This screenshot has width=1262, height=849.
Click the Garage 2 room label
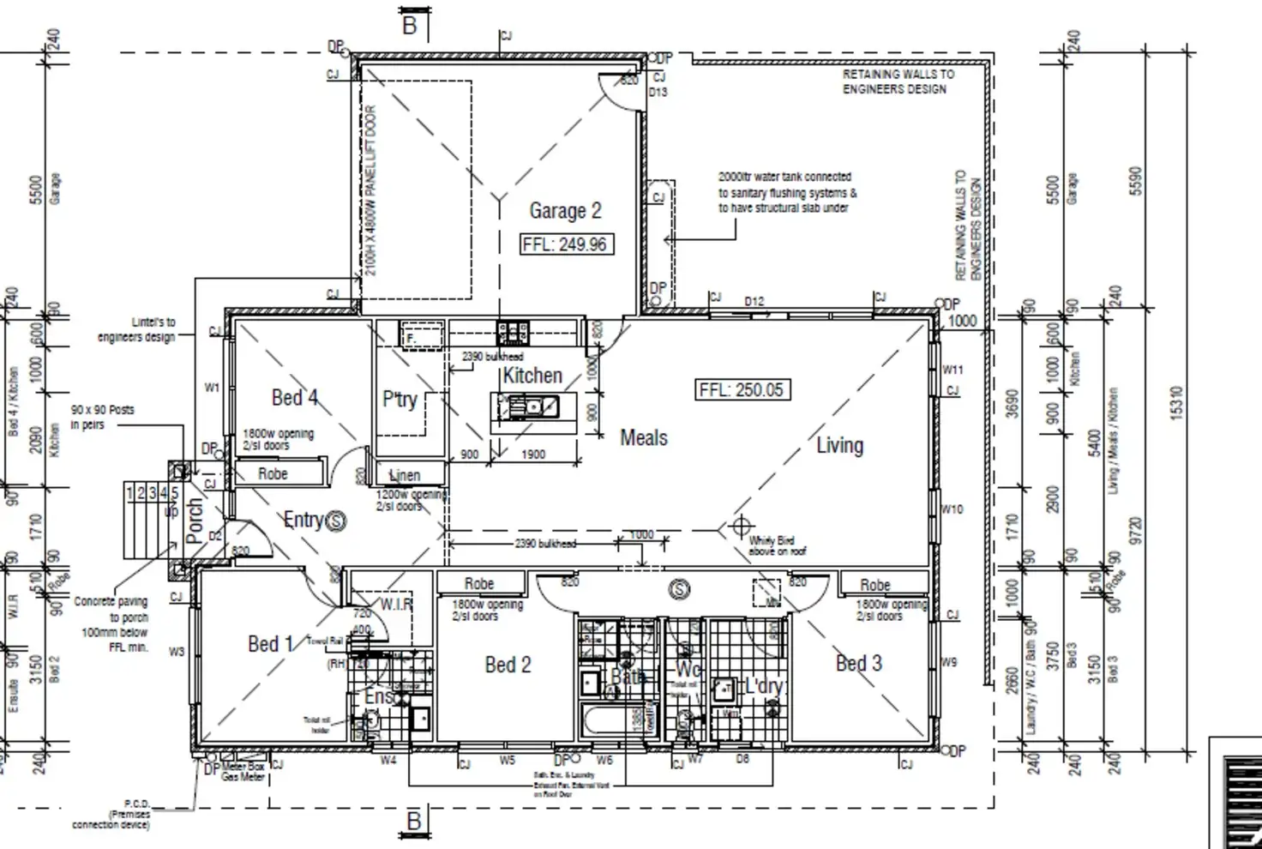[x=565, y=210]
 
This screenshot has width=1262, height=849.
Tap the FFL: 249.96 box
[x=565, y=244]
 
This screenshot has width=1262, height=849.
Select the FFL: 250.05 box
[x=741, y=390]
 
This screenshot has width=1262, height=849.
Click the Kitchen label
[x=532, y=375]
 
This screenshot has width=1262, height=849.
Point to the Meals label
[x=643, y=437]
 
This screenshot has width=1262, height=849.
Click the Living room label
[x=839, y=445]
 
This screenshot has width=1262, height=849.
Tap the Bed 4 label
[x=294, y=397]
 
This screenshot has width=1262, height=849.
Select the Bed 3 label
[x=858, y=663]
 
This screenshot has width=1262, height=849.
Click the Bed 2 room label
[x=508, y=665]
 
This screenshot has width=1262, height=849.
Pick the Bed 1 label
[x=270, y=643]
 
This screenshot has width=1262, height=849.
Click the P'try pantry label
[x=400, y=400]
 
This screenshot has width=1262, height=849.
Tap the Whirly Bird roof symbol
[x=742, y=525]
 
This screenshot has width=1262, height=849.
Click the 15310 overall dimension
[x=1175, y=403]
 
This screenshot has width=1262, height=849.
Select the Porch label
[x=195, y=521]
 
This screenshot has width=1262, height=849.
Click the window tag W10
[x=952, y=509]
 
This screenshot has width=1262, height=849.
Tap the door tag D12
[x=754, y=302]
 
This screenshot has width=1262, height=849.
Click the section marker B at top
[x=410, y=26]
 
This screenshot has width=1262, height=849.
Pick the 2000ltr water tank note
[x=787, y=192]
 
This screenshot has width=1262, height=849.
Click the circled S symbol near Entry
[x=337, y=521]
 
